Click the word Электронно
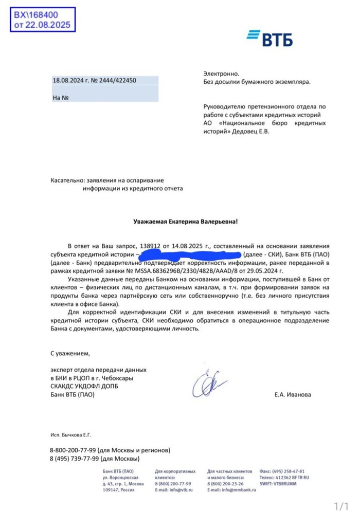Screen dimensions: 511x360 [221, 74]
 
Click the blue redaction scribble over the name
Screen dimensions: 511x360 [190, 254]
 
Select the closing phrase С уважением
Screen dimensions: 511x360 [70, 353]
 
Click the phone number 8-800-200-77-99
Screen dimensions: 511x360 [77, 450]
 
